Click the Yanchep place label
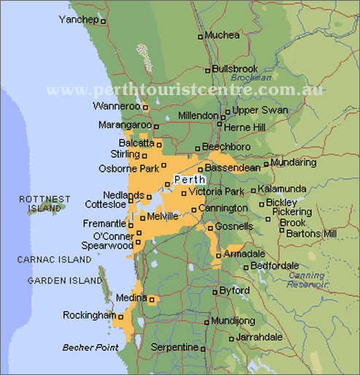click(78, 20)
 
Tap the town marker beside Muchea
click(200, 36)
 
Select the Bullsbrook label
click(235, 69)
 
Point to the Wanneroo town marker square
click(145, 107)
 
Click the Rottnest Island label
click(45, 203)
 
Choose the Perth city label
click(189, 180)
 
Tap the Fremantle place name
click(104, 224)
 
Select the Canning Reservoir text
click(307, 280)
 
